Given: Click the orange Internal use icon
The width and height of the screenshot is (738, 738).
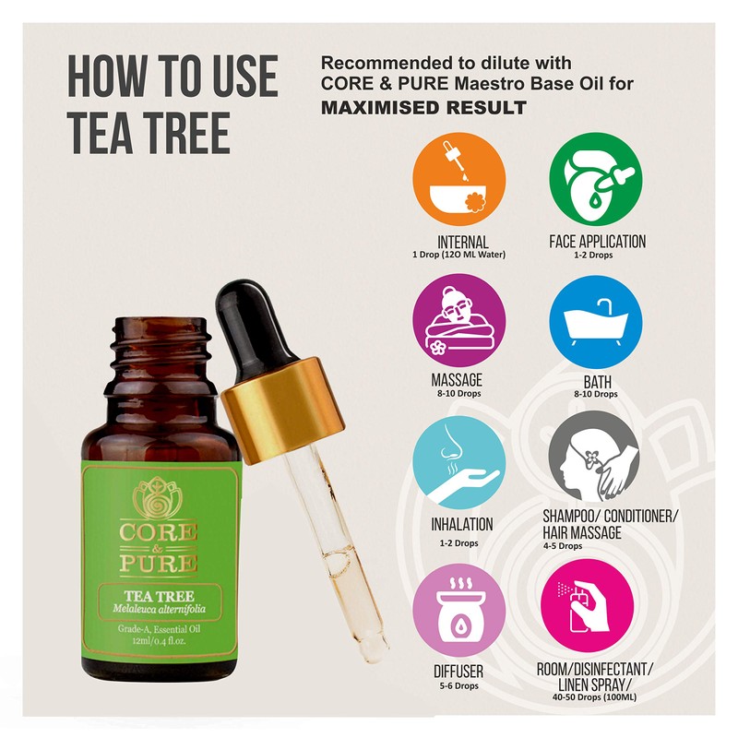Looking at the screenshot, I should [458, 179].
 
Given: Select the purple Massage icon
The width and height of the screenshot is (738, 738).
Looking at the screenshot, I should [458, 319].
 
